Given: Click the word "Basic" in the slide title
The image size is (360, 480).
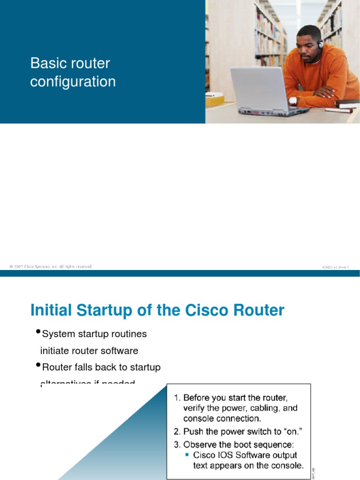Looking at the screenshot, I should [x=45, y=63].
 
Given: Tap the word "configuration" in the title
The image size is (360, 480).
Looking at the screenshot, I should [x=73, y=82].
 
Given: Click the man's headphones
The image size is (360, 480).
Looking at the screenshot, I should [x=321, y=45].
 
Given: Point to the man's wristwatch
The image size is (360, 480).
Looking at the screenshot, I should [x=293, y=101].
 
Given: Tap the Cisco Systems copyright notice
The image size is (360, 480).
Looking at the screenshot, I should [x=51, y=267].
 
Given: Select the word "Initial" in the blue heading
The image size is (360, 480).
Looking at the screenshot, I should [x=51, y=310].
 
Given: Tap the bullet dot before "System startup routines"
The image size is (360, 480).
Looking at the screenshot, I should [x=38, y=332].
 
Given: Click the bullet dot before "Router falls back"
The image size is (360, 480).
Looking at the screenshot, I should [x=38, y=365].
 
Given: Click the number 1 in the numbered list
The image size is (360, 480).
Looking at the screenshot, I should [x=176, y=398].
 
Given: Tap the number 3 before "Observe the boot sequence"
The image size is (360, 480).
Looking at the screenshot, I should [x=176, y=444].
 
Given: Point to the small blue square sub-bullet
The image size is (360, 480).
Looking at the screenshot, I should [x=187, y=455].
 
